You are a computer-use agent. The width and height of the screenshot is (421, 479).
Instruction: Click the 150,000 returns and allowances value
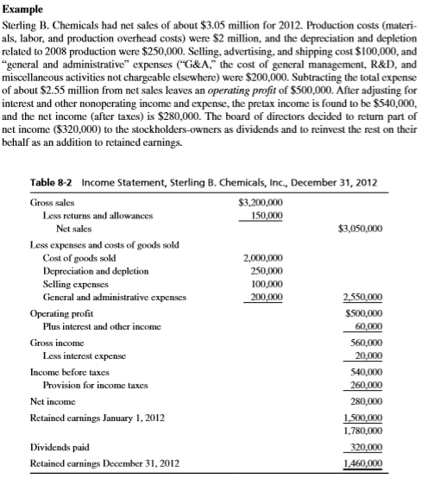click(265, 217)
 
